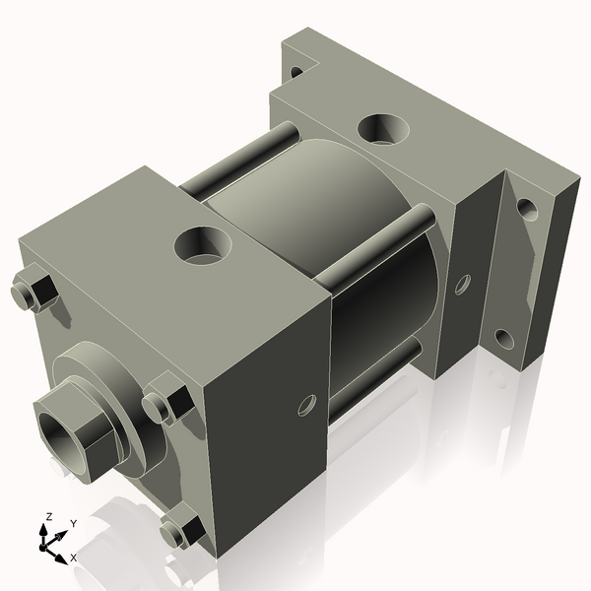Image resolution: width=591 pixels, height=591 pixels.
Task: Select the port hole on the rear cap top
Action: coord(382,128)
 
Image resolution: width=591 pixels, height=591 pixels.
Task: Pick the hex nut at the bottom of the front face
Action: coord(182,532)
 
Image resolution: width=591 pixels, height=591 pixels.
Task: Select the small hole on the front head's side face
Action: coord(306,404)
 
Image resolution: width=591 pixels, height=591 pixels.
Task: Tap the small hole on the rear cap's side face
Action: coord(462,285)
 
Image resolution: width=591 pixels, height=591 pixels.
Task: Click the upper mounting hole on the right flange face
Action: coord(527,210)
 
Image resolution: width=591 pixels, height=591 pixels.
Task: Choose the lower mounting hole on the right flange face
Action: coord(503,341)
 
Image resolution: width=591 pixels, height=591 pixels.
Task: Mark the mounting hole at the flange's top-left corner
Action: coord(295,71)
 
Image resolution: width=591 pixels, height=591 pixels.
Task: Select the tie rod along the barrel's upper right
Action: coord(379,251)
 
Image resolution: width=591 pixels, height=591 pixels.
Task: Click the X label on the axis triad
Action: coord(74,558)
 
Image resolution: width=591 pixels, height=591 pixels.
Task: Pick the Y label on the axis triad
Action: coord(73,524)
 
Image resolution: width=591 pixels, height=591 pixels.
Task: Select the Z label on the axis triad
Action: coord(49,515)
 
